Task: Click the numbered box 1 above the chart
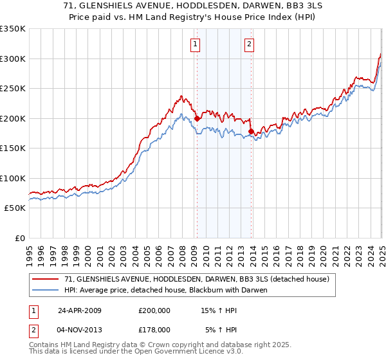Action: coord(195,44)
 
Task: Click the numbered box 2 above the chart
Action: coord(249,44)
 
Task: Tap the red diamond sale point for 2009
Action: coord(197,118)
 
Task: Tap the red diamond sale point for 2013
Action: coord(251,131)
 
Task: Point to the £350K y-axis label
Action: coord(13,29)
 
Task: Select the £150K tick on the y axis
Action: coord(13,148)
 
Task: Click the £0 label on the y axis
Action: coord(21,238)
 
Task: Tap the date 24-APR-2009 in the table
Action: coord(80,310)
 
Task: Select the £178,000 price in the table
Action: coord(154,330)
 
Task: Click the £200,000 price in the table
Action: coord(154,310)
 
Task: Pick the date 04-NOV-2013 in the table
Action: coord(80,330)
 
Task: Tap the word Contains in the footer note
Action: coord(44,345)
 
